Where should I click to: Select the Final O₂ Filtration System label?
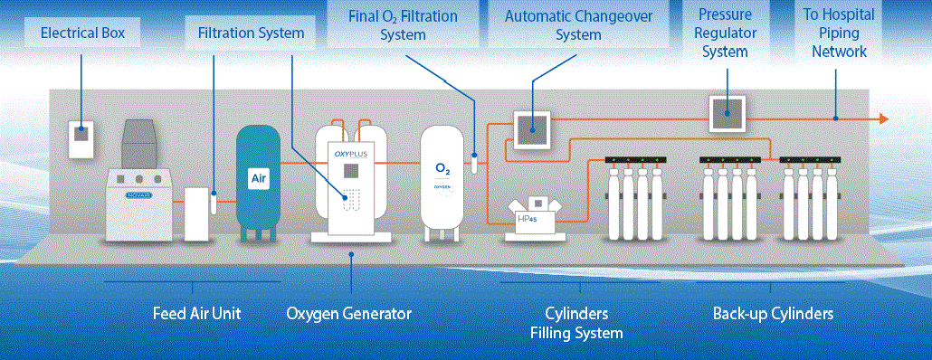(403, 24)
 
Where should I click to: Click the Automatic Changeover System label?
(578, 24)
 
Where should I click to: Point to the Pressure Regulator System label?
(725, 33)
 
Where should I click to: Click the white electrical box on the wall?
(81, 139)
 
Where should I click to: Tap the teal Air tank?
(259, 183)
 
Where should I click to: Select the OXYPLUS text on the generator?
(351, 155)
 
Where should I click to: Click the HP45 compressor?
(536, 219)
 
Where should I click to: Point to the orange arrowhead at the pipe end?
(884, 118)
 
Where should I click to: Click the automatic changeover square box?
(531, 129)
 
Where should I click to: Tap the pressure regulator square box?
(728, 114)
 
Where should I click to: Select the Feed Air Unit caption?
(196, 313)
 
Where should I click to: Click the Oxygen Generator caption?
(349, 313)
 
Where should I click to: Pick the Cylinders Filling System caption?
(576, 323)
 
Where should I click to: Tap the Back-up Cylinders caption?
(774, 313)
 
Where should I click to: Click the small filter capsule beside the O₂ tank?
(474, 163)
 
